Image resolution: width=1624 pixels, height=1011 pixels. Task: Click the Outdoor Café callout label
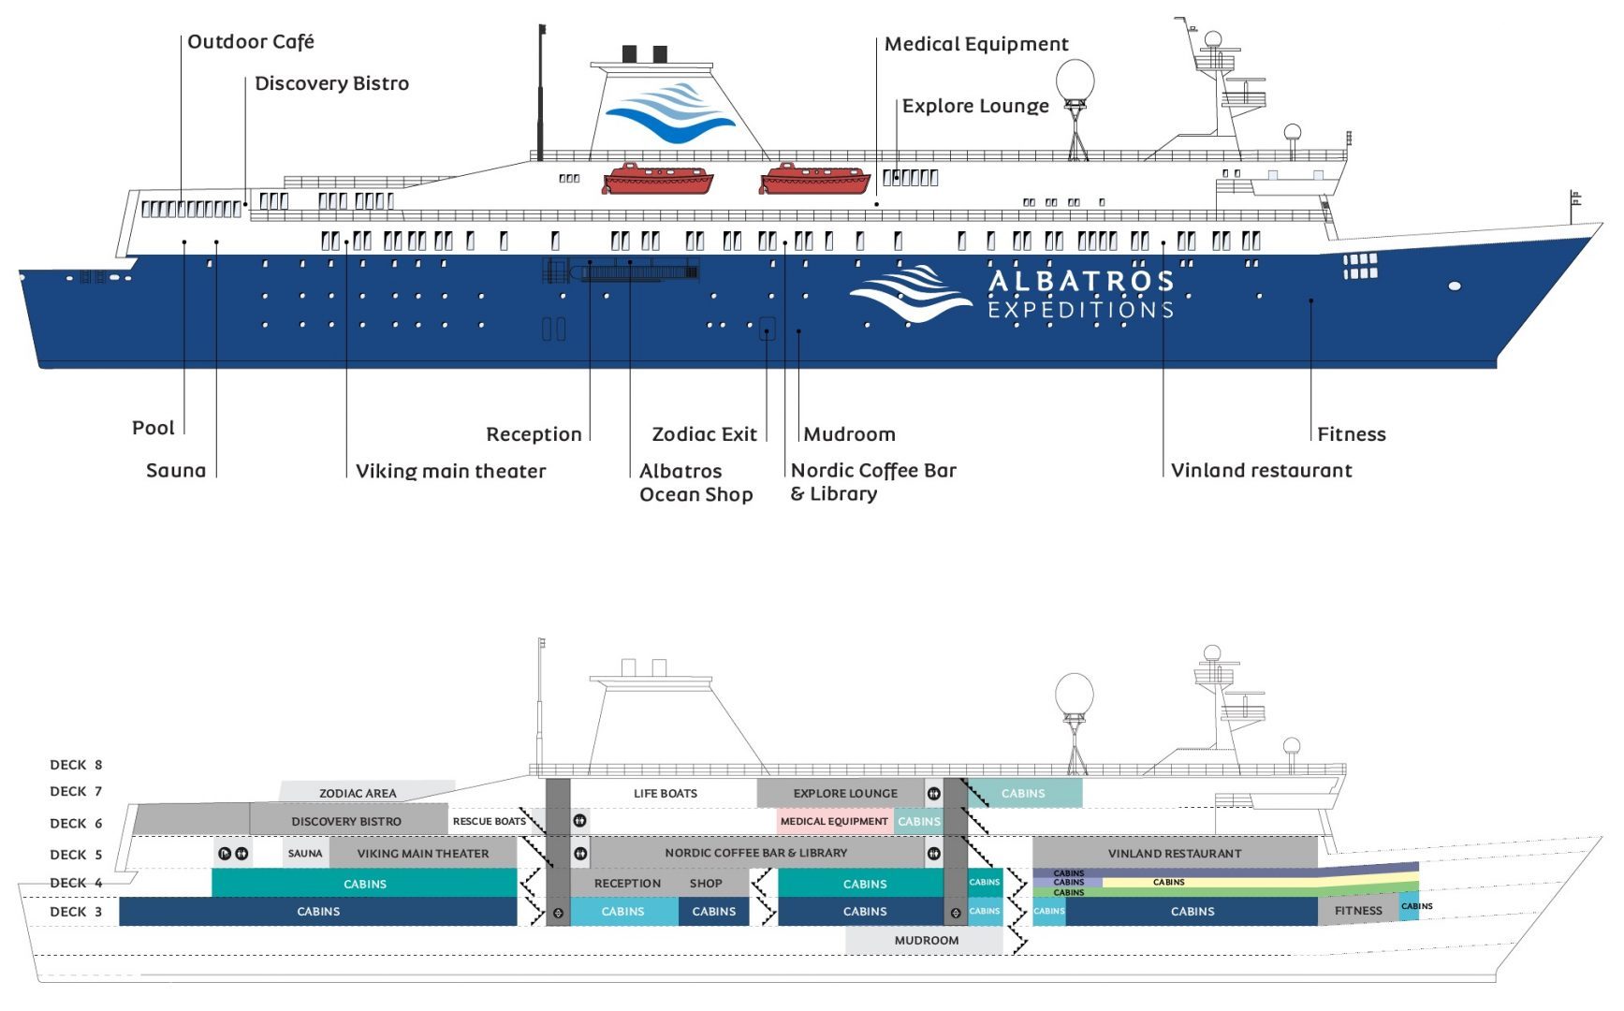(x=251, y=42)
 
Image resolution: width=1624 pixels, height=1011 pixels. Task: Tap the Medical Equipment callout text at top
(x=976, y=44)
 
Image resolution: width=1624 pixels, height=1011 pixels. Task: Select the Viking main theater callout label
(x=450, y=471)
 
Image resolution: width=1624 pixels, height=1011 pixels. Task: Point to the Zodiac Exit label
(x=704, y=434)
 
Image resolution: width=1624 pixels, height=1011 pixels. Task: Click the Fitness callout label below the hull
(x=1351, y=434)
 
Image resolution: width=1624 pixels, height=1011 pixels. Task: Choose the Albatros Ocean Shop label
(x=695, y=483)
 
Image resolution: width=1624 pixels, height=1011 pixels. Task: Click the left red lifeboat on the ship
(x=657, y=178)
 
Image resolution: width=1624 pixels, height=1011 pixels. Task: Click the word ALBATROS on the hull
(x=1081, y=281)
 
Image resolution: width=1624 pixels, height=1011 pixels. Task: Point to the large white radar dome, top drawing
(x=1075, y=81)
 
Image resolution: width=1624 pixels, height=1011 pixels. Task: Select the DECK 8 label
(x=76, y=765)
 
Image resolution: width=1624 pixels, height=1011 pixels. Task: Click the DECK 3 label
(x=76, y=912)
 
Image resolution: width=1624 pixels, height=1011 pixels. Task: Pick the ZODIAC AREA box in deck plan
(x=358, y=793)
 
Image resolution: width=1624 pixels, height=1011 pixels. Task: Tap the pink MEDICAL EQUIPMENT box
(x=834, y=821)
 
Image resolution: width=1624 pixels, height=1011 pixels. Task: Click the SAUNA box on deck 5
(x=305, y=853)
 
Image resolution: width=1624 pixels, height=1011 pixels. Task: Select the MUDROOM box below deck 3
(x=926, y=940)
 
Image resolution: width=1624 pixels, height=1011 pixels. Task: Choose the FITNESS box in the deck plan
(x=1357, y=911)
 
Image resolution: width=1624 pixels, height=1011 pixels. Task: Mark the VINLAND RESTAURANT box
(x=1175, y=853)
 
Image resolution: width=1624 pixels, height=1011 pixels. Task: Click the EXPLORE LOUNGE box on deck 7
(x=845, y=793)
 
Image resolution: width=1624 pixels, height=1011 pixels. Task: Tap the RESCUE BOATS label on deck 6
(x=489, y=821)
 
